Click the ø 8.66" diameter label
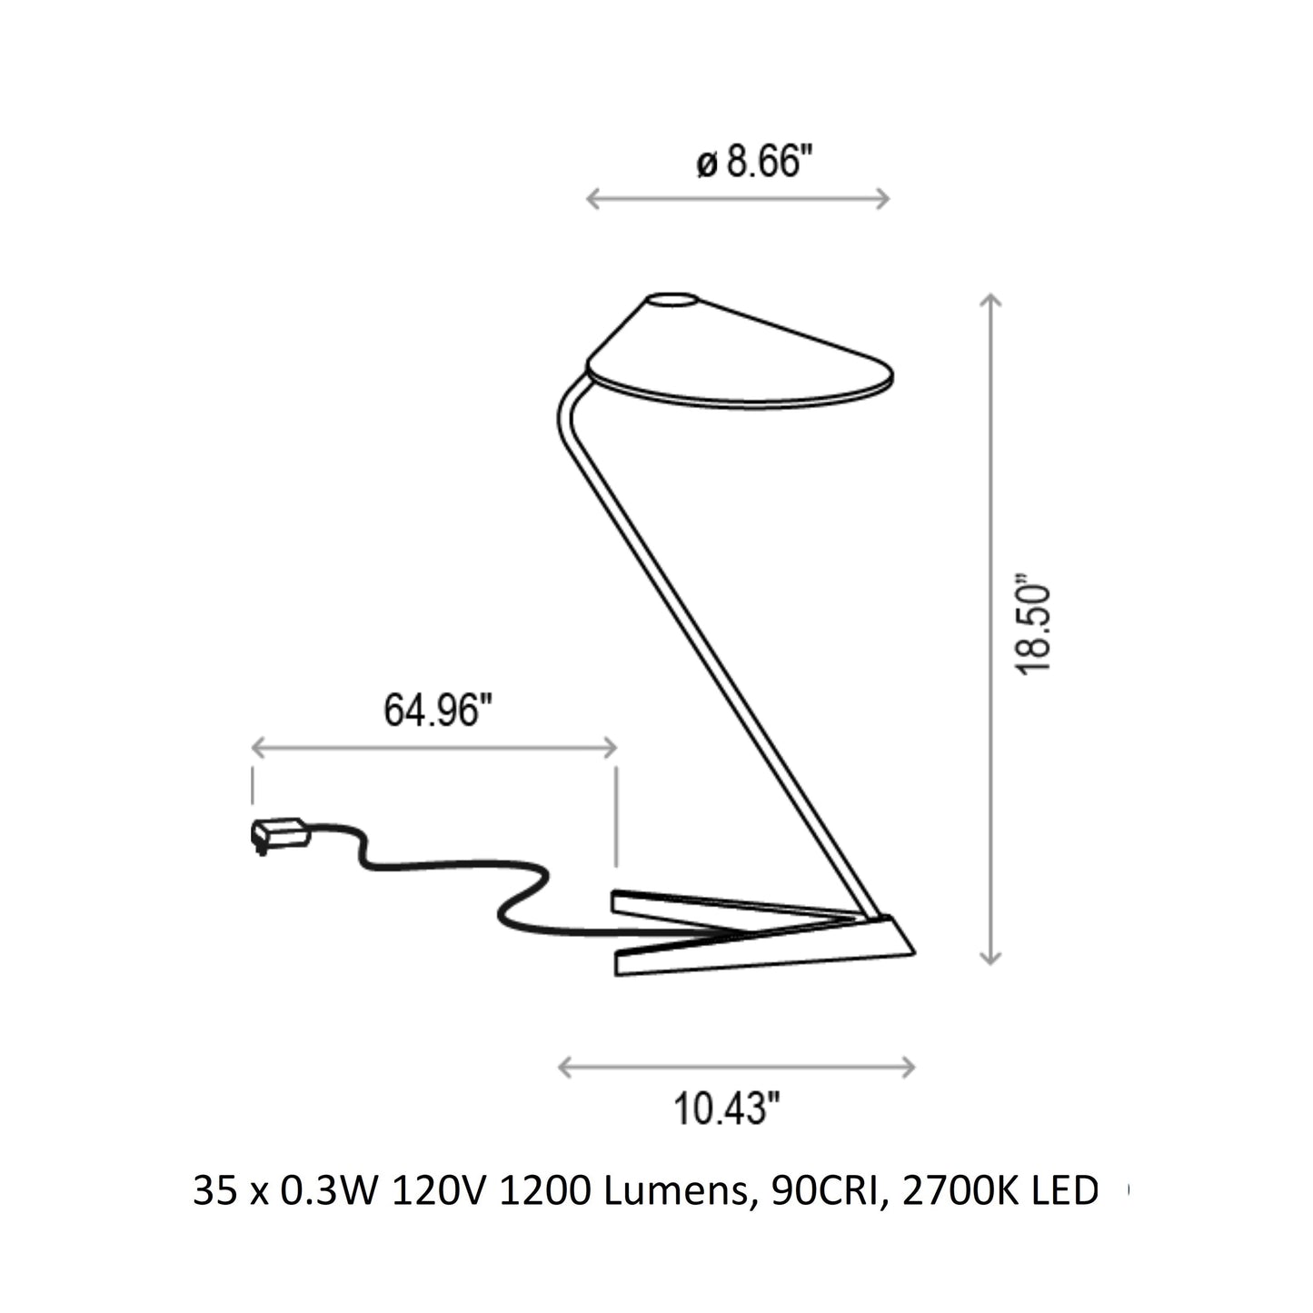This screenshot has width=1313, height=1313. [755, 163]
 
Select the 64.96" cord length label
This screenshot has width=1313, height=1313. [437, 710]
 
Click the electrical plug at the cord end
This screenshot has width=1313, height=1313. [279, 835]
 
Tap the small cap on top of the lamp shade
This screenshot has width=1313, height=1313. [671, 301]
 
